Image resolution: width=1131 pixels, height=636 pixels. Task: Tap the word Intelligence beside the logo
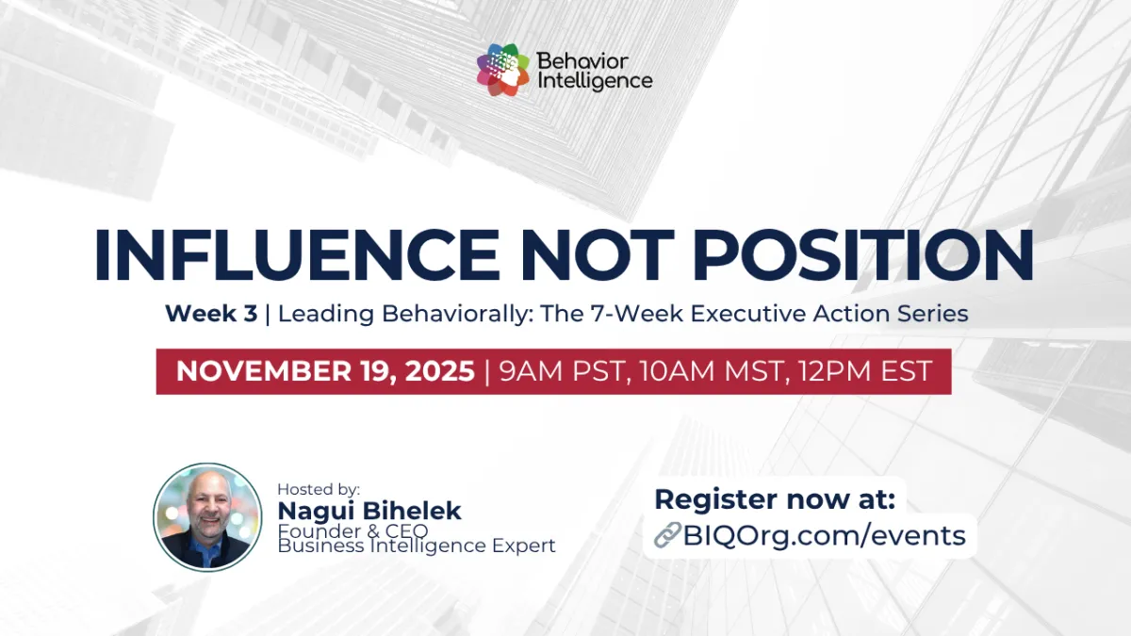[594, 82]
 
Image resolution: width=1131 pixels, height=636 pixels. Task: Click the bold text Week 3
[211, 314]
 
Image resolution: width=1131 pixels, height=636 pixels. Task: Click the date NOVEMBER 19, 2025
[325, 370]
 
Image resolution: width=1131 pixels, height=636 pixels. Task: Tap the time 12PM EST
[861, 370]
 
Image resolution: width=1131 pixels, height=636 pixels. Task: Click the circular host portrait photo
[207, 516]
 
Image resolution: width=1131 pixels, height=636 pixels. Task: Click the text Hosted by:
[319, 489]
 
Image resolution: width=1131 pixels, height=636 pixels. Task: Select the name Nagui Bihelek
[369, 511]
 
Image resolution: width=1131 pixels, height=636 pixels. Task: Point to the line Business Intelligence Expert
[416, 546]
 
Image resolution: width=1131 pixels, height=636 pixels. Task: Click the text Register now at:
[775, 499]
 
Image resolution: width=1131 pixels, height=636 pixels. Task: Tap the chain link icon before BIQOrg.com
[667, 536]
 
